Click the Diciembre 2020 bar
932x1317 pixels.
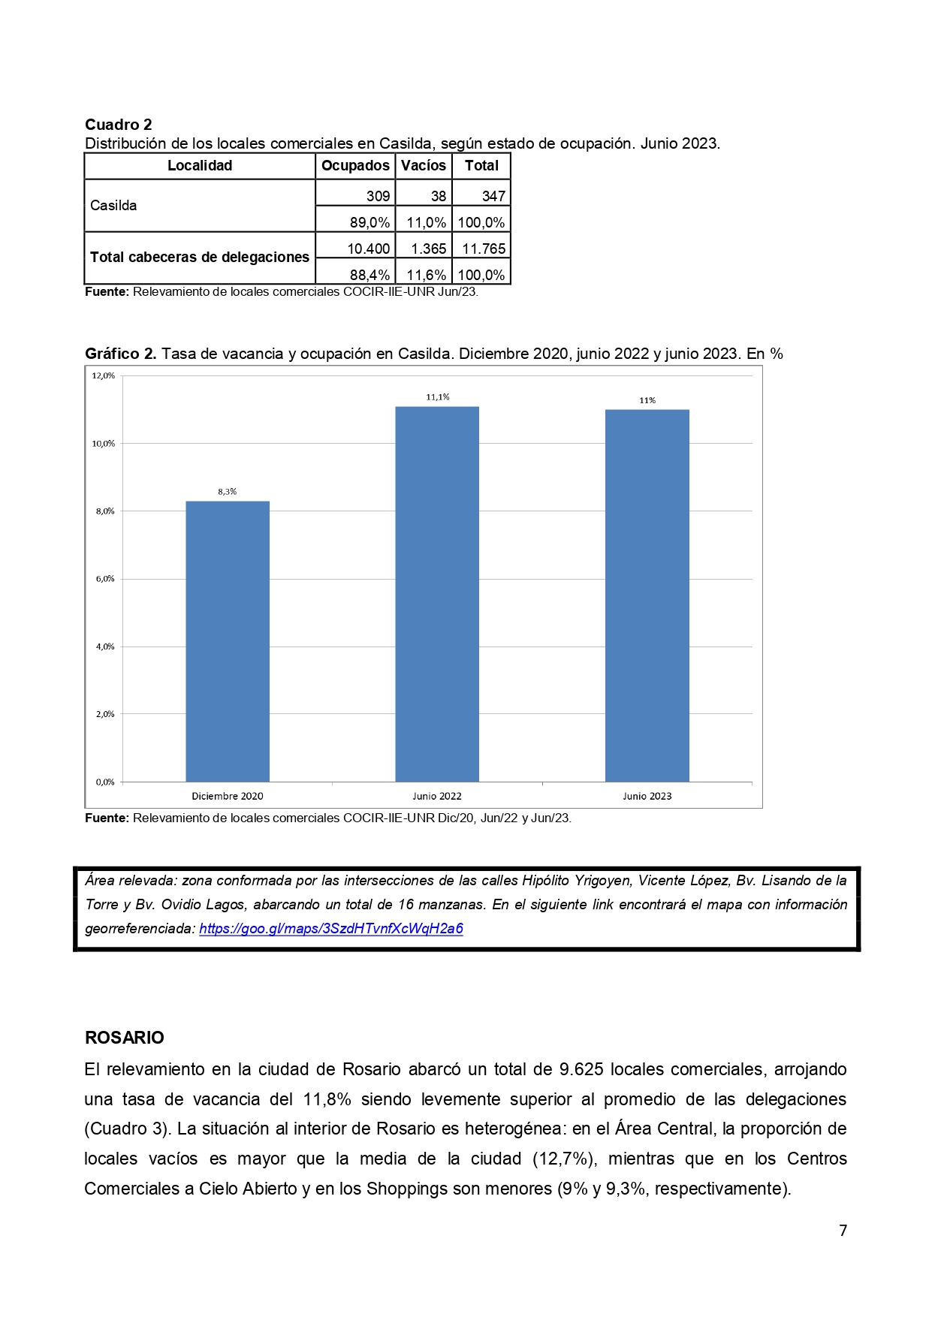(228, 641)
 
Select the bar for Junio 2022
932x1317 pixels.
(437, 594)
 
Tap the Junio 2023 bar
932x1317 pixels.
(647, 595)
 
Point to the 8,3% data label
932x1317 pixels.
(228, 492)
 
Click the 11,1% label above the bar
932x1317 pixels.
(437, 397)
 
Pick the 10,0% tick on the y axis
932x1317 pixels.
(104, 444)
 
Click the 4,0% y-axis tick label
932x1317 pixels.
(104, 646)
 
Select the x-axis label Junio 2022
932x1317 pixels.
(437, 796)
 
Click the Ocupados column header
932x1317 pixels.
(355, 166)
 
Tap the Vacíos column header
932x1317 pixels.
(424, 166)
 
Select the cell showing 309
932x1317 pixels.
(378, 196)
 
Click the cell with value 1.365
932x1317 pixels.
(429, 249)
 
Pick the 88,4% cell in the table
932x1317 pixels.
(369, 275)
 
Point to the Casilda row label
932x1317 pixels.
(113, 206)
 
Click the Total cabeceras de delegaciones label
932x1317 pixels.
(200, 258)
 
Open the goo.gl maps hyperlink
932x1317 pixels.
(331, 929)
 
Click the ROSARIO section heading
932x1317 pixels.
(125, 1038)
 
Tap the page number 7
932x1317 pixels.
(843, 1231)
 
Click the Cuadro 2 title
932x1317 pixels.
(119, 125)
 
